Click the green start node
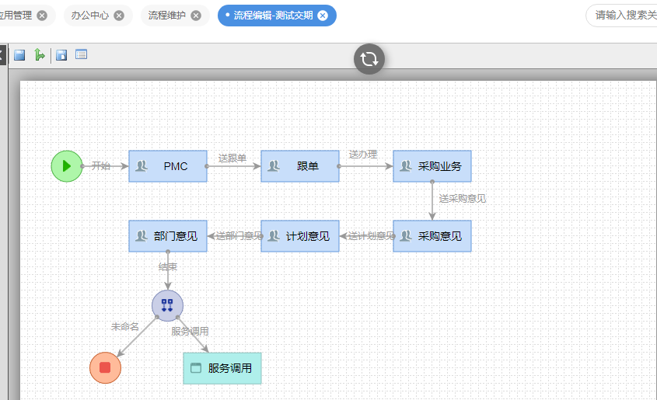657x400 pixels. pos(66,165)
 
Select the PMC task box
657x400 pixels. pos(168,166)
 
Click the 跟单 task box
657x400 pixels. pos(300,166)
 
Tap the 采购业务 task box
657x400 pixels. pos(432,166)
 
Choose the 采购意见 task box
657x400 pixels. pos(432,236)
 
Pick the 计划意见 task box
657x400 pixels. pos(300,236)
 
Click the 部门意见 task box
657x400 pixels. pos(168,236)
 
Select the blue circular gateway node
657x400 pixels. pos(167,305)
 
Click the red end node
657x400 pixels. pos(105,367)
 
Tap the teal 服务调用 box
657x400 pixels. pos(222,368)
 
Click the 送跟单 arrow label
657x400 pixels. pos(232,158)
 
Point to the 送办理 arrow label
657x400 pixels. pos(363,155)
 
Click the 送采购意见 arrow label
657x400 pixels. pos(463,199)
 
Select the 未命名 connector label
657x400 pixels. pos(124,327)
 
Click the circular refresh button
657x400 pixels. pos(369,59)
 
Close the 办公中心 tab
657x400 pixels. pos(118,16)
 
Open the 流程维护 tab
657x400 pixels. pos(167,16)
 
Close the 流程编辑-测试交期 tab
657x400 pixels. pos(323,16)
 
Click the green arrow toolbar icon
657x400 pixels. pos(39,55)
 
